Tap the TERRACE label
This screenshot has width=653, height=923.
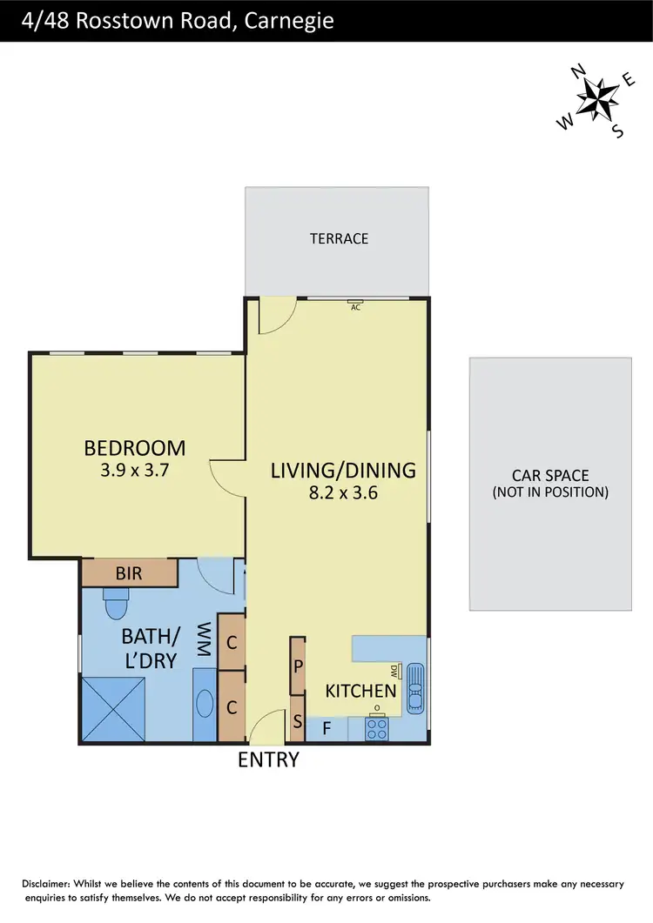click(x=339, y=238)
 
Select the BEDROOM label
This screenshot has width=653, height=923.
click(x=135, y=448)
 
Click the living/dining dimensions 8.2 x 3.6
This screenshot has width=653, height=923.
click(x=343, y=492)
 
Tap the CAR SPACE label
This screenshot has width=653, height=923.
click(x=550, y=476)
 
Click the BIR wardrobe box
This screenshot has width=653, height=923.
click(x=129, y=574)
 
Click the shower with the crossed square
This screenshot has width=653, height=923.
click(x=115, y=710)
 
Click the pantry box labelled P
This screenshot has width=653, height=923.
click(x=298, y=666)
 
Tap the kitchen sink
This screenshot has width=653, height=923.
click(x=415, y=690)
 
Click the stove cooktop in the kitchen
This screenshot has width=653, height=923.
click(x=377, y=728)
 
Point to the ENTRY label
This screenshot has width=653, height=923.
click(x=268, y=759)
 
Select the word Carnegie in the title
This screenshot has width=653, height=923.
click(x=292, y=20)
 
